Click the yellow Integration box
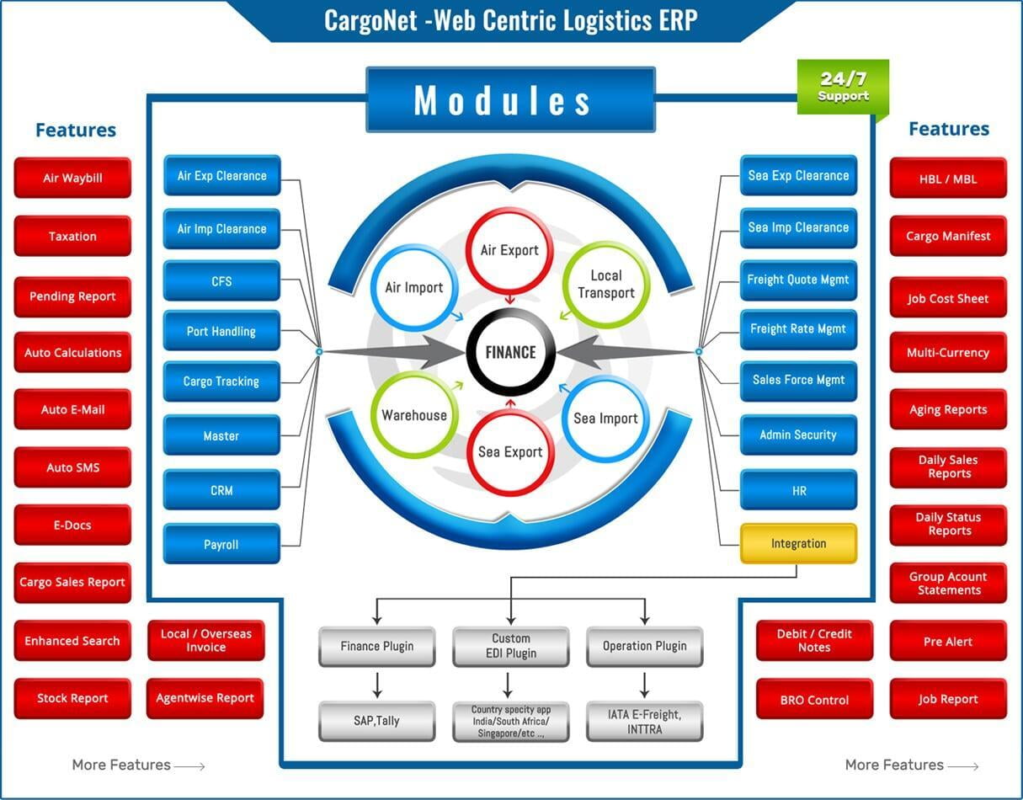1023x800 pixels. (x=798, y=543)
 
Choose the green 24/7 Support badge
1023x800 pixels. (x=843, y=87)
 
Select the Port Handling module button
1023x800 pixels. (x=221, y=331)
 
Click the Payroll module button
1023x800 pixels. (x=221, y=544)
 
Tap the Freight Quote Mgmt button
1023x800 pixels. (x=798, y=280)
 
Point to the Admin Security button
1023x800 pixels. (x=798, y=435)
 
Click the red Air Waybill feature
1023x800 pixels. (x=72, y=178)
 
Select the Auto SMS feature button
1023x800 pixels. (x=72, y=467)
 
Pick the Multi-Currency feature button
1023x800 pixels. (x=948, y=352)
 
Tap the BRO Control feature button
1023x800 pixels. (x=814, y=699)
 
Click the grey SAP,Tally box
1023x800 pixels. (x=376, y=721)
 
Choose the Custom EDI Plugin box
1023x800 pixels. (x=511, y=646)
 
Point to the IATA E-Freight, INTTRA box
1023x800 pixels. (x=644, y=722)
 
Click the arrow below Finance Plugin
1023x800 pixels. (x=377, y=685)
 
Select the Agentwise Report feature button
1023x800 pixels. (x=205, y=698)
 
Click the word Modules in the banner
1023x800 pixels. (x=502, y=100)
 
